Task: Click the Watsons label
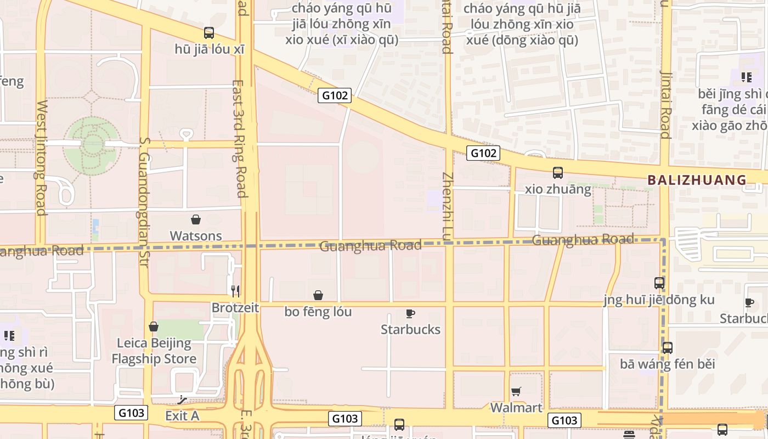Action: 196,236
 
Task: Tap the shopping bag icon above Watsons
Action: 196,220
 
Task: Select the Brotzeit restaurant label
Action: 235,308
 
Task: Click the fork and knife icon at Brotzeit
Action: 235,291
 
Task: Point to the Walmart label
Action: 516,408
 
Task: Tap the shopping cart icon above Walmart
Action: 516,391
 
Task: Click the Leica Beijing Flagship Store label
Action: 154,351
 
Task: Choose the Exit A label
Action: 182,416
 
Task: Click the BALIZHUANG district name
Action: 697,180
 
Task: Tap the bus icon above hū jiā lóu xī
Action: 209,33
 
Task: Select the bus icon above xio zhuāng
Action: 558,173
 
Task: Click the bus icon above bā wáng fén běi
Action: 668,348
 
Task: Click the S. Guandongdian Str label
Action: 144,202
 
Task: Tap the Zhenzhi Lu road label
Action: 448,206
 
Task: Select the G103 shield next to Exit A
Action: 132,413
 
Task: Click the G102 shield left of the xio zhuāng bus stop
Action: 483,153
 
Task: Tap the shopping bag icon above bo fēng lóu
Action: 318,296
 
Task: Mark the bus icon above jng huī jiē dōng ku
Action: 659,283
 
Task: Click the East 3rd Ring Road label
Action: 240,139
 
